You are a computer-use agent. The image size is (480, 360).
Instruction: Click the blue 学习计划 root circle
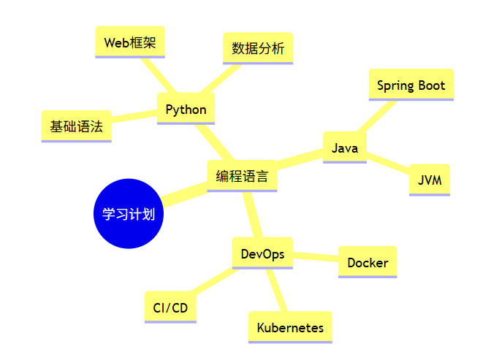129,214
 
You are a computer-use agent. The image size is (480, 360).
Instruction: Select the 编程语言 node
242,176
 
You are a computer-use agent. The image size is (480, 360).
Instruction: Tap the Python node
186,110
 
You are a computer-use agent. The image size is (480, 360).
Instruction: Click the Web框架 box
130,42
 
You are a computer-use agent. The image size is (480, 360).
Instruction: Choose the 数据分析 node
258,48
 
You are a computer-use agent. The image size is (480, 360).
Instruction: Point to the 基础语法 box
76,126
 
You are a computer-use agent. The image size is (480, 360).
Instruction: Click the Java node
345,148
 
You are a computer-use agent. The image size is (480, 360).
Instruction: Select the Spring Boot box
411,85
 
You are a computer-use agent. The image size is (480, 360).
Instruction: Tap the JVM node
430,180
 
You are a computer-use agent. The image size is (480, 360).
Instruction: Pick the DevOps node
262,253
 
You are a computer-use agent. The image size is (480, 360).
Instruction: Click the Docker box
367,262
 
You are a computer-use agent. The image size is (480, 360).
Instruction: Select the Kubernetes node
290,328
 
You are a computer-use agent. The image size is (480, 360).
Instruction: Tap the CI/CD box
170,307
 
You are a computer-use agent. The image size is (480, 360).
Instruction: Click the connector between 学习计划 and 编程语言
185,194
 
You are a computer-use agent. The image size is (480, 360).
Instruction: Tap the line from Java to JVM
388,163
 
